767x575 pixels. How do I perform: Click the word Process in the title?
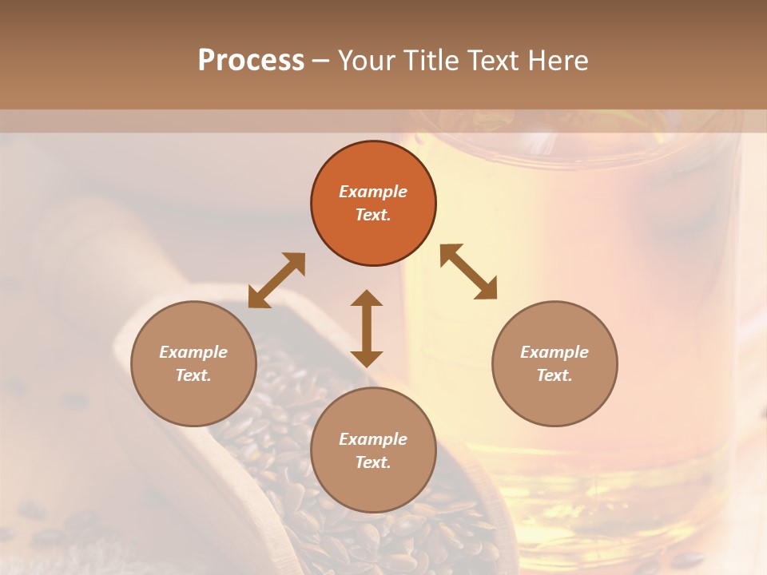[x=251, y=61]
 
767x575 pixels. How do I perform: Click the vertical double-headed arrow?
[x=367, y=328]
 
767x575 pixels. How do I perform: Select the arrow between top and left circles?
[x=276, y=280]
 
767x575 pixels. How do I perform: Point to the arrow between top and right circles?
[x=469, y=272]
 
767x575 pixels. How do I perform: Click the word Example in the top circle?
[x=373, y=192]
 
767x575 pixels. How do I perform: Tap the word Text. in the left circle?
[x=193, y=375]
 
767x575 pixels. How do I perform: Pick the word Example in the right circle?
[x=554, y=352]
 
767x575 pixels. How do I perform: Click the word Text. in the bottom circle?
[x=373, y=462]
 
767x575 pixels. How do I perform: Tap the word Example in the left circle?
[x=193, y=352]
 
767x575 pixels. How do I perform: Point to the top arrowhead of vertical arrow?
[x=367, y=298]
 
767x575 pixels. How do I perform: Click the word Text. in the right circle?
[x=554, y=375]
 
